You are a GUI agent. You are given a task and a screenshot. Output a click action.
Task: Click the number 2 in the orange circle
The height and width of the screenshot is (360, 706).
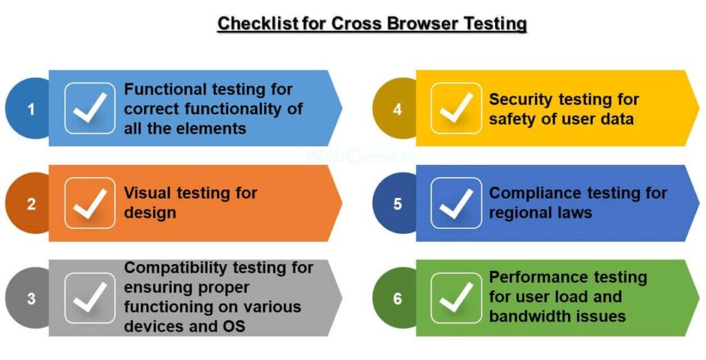(x=31, y=204)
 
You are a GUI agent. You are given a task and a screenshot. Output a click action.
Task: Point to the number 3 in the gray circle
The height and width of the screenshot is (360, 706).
(x=31, y=299)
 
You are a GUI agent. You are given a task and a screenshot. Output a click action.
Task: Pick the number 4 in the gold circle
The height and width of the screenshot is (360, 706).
(x=397, y=110)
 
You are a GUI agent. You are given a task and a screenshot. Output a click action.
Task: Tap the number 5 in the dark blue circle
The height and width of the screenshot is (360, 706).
(x=397, y=204)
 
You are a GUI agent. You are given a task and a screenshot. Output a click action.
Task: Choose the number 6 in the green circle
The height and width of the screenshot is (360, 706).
(x=397, y=299)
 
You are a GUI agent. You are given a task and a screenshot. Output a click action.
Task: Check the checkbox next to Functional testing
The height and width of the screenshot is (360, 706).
(x=90, y=108)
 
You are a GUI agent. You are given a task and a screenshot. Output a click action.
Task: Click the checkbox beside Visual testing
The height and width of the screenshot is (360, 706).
(x=90, y=203)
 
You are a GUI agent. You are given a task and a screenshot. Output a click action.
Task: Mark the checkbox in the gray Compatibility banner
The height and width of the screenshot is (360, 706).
(x=90, y=298)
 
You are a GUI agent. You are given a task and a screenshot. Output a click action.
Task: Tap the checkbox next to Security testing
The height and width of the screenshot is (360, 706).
(x=456, y=108)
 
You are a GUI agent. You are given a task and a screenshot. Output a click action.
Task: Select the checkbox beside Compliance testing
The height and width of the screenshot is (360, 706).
(x=456, y=203)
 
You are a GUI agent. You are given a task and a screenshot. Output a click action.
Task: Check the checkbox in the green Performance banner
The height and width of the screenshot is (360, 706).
(x=456, y=298)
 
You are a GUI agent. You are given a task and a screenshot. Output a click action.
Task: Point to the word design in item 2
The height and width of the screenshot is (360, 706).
(x=150, y=213)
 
